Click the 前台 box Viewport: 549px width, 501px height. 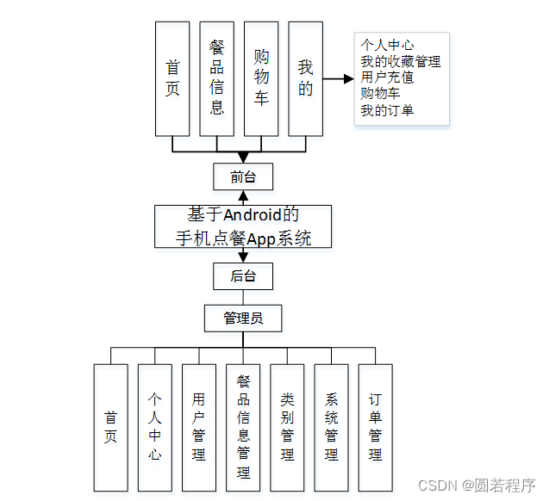[x=243, y=176]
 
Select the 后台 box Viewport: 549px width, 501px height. [x=243, y=276]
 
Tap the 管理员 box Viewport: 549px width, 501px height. [x=243, y=318]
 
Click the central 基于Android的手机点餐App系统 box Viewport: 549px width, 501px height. [x=243, y=226]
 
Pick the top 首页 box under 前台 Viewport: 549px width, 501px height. [x=172, y=79]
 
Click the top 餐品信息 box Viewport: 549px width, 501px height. [x=216, y=79]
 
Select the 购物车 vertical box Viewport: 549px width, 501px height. [x=261, y=79]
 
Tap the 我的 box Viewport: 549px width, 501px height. [x=305, y=79]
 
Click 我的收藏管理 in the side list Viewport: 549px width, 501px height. [x=401, y=62]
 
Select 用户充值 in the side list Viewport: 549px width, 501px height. [x=387, y=77]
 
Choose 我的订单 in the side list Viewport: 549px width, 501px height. [x=387, y=110]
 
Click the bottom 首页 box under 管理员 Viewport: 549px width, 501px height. [x=110, y=427]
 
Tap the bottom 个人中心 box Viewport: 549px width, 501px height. [x=154, y=427]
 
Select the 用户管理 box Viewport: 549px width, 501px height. [x=199, y=427]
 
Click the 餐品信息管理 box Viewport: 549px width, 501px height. [x=243, y=427]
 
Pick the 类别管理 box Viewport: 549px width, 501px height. [x=287, y=427]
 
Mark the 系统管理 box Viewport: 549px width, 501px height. [x=331, y=427]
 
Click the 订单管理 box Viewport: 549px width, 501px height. [x=375, y=427]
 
